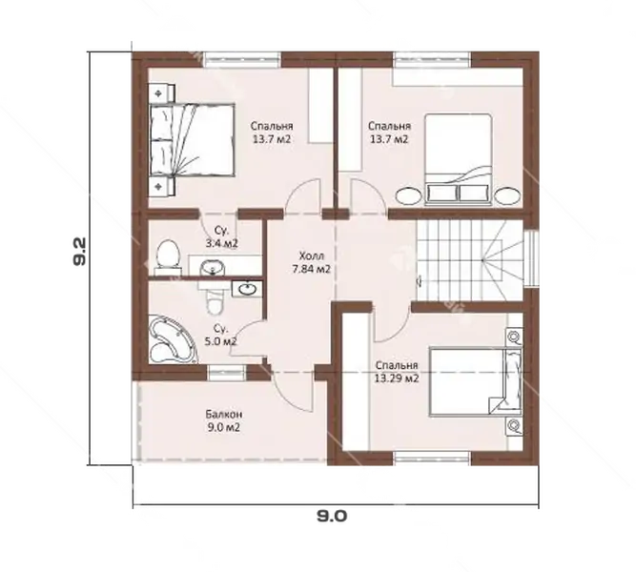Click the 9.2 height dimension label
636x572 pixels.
[x=79, y=252]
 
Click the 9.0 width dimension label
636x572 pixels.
[x=332, y=516]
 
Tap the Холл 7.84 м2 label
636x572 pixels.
[x=311, y=262]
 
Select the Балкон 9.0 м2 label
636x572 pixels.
[x=224, y=420]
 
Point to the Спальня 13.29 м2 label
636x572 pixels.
[x=397, y=372]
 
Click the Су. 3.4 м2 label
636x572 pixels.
[x=221, y=237]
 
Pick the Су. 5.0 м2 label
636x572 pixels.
[x=220, y=335]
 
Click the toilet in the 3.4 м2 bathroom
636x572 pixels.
[x=168, y=256]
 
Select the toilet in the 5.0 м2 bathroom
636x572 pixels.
[x=215, y=301]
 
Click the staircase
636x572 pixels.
[x=470, y=260]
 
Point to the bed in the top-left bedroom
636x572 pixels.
[x=192, y=139]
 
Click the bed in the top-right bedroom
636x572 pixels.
[x=459, y=159]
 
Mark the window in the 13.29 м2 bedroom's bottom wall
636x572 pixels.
[x=432, y=458]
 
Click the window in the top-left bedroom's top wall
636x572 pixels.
[x=242, y=59]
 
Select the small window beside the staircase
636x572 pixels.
[x=531, y=258]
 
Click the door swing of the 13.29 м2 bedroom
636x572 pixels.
[x=391, y=322]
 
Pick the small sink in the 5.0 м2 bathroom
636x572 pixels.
[x=247, y=289]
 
